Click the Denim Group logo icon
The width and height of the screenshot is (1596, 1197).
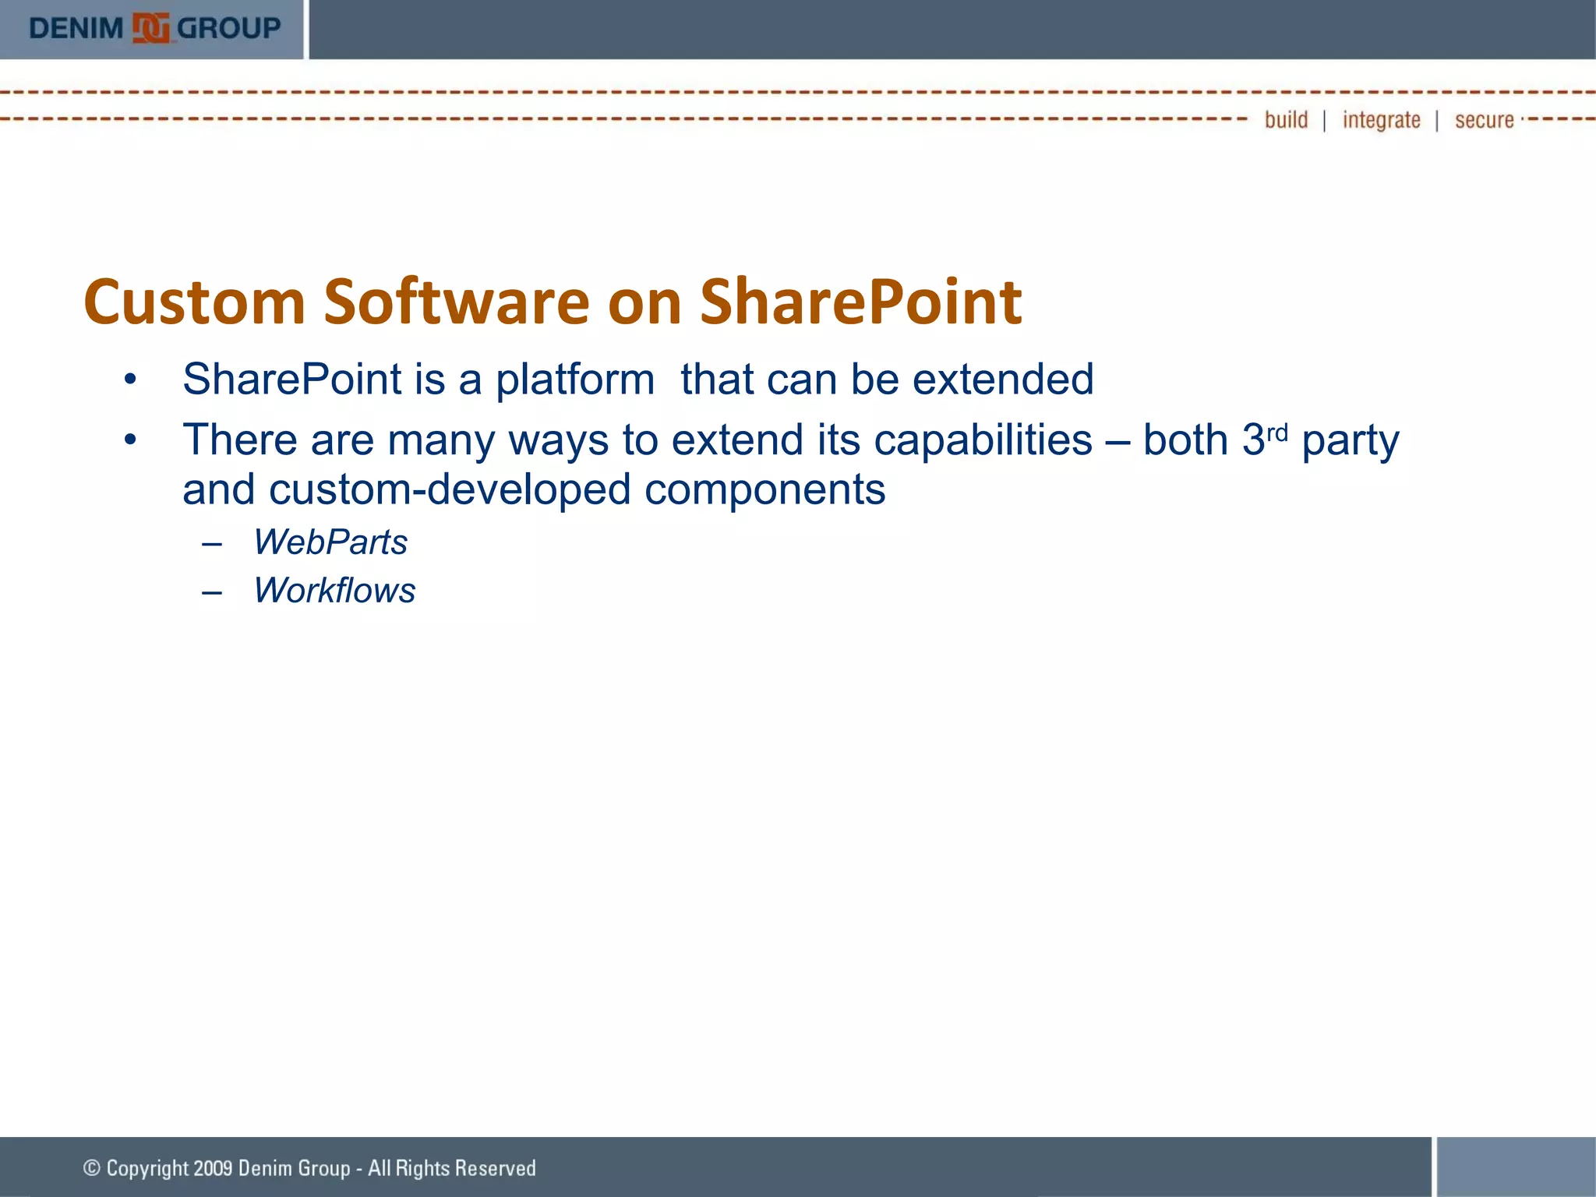pyautogui.click(x=150, y=29)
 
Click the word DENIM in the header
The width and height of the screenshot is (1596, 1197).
pyautogui.click(x=76, y=29)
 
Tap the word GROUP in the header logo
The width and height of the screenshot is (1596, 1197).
pyautogui.click(x=228, y=29)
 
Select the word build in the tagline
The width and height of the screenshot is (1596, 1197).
pyautogui.click(x=1286, y=120)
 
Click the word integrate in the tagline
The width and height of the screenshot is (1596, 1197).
pyautogui.click(x=1381, y=121)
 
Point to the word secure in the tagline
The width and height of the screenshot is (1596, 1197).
pyautogui.click(x=1484, y=121)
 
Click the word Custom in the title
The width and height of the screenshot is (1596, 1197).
pyautogui.click(x=194, y=302)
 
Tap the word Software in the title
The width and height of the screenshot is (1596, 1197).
pyautogui.click(x=457, y=302)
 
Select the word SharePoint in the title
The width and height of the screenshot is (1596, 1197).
pyautogui.click(x=860, y=302)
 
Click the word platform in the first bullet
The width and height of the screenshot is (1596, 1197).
pyautogui.click(x=575, y=380)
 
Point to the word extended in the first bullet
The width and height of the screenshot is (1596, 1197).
pyautogui.click(x=1003, y=380)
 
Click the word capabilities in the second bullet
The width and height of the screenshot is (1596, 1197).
pyautogui.click(x=983, y=441)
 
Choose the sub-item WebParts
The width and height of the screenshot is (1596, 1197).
pyautogui.click(x=330, y=542)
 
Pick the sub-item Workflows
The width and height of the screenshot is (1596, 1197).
pyautogui.click(x=334, y=591)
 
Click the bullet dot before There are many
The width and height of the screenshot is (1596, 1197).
pyautogui.click(x=130, y=440)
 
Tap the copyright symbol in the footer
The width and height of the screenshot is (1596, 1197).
pyautogui.click(x=92, y=1167)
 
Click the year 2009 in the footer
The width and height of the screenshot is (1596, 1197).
pyautogui.click(x=213, y=1168)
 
